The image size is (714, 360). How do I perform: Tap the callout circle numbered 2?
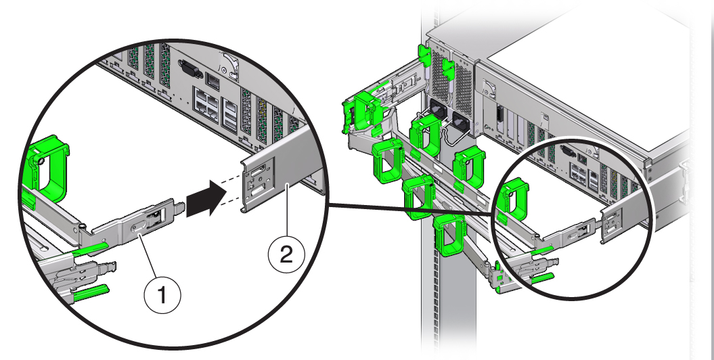[x=286, y=256]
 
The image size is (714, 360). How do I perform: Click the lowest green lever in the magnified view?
[x=92, y=292]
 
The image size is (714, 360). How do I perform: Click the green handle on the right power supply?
[x=447, y=68]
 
